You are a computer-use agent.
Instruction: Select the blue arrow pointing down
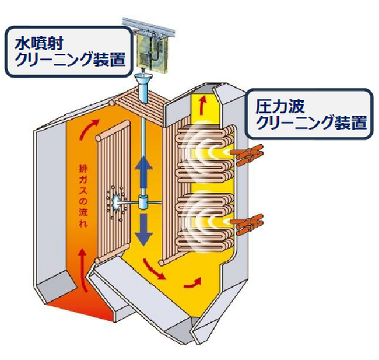pos(143,229)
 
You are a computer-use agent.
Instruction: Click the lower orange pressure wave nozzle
pos(247,223)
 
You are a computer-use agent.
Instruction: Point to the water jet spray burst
pos(117,202)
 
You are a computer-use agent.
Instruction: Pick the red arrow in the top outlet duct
pos(202,105)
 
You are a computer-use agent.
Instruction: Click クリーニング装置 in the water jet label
pos(68,58)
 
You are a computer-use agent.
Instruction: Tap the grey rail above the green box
pos(152,26)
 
